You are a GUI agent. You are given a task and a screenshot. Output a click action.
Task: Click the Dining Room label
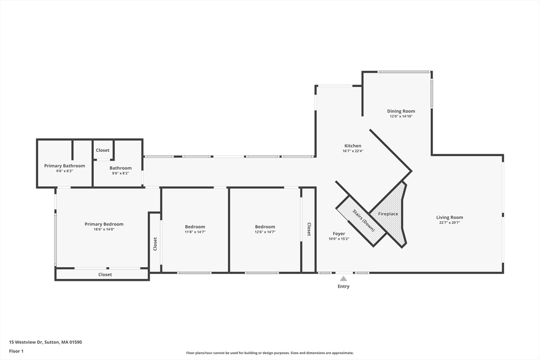pyautogui.click(x=401, y=111)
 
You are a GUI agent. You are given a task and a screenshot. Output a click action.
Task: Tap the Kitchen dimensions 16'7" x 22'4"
pyautogui.click(x=353, y=151)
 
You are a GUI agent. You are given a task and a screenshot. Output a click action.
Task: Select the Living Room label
pyautogui.click(x=449, y=217)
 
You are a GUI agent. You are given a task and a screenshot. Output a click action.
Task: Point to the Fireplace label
pyautogui.click(x=388, y=214)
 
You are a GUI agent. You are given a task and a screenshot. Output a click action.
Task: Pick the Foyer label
pyautogui.click(x=339, y=233)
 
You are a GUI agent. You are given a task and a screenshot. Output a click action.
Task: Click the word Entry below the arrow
pyautogui.click(x=343, y=287)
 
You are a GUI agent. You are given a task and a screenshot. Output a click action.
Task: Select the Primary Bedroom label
pyautogui.click(x=104, y=224)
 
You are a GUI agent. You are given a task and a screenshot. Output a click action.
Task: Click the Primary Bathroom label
pyautogui.click(x=64, y=166)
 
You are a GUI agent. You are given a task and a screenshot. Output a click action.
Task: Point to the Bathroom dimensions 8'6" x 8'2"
pyautogui.click(x=120, y=173)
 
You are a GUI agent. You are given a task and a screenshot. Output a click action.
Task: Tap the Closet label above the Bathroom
pyautogui.click(x=103, y=150)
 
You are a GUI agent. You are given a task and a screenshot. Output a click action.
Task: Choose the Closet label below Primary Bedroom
pyautogui.click(x=105, y=275)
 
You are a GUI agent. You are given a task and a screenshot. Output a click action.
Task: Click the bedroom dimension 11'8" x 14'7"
pyautogui.click(x=195, y=232)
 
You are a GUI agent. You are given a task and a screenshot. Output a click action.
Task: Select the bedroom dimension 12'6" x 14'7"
pyautogui.click(x=265, y=232)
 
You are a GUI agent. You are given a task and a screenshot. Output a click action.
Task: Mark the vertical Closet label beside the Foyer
pyautogui.click(x=309, y=229)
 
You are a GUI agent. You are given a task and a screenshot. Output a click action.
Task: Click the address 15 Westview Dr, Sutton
pyautogui.click(x=45, y=342)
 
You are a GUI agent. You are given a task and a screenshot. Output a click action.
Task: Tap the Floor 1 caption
pyautogui.click(x=16, y=351)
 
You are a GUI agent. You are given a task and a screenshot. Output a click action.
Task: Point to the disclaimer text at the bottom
pyautogui.click(x=269, y=353)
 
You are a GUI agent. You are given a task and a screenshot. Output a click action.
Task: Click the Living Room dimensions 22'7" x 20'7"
pyautogui.click(x=449, y=222)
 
